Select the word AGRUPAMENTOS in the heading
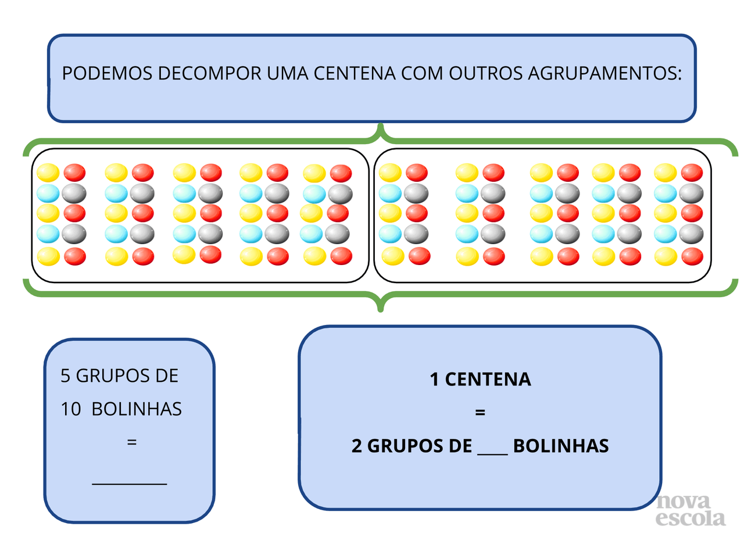point(604,74)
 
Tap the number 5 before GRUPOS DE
point(66,376)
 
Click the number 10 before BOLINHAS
point(71,409)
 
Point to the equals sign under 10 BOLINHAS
point(132,442)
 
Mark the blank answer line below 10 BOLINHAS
point(130,482)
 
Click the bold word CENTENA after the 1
point(488,380)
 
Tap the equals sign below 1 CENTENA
point(480,413)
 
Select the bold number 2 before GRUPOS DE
point(356,446)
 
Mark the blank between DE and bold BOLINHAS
point(492,450)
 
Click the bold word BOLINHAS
point(561,446)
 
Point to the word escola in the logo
point(691,518)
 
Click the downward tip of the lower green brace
point(381,309)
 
